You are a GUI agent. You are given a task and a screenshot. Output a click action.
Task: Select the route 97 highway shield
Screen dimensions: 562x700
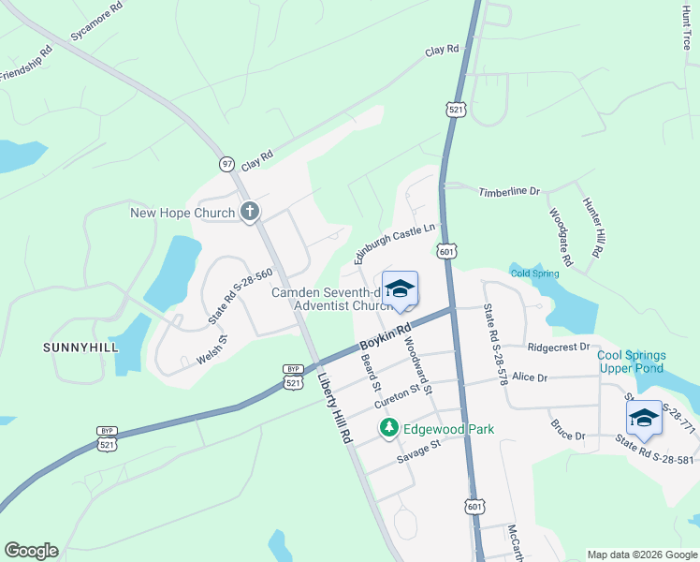[226, 164]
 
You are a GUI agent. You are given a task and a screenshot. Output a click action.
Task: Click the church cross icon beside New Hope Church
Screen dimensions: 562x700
[250, 213]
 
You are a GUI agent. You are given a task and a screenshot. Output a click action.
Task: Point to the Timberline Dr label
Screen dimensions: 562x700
[510, 192]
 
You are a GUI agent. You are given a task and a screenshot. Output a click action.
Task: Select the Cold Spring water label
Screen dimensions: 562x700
[534, 274]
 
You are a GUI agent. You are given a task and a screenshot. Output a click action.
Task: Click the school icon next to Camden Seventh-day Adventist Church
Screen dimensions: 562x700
[400, 288]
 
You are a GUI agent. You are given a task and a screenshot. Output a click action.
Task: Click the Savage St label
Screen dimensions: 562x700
[417, 450]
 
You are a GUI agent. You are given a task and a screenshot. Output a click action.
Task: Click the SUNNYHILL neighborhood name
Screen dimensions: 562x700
[80, 348]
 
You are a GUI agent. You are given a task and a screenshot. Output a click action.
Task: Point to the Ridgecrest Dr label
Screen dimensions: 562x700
[559, 347]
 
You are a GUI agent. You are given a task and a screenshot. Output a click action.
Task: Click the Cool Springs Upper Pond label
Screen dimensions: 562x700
[632, 362]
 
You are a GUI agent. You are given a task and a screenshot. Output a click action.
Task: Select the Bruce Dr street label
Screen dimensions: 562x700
[567, 436]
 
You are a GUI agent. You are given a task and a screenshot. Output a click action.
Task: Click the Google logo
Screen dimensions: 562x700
[31, 551]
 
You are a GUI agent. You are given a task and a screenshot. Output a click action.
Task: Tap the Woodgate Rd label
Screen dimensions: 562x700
[561, 233]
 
